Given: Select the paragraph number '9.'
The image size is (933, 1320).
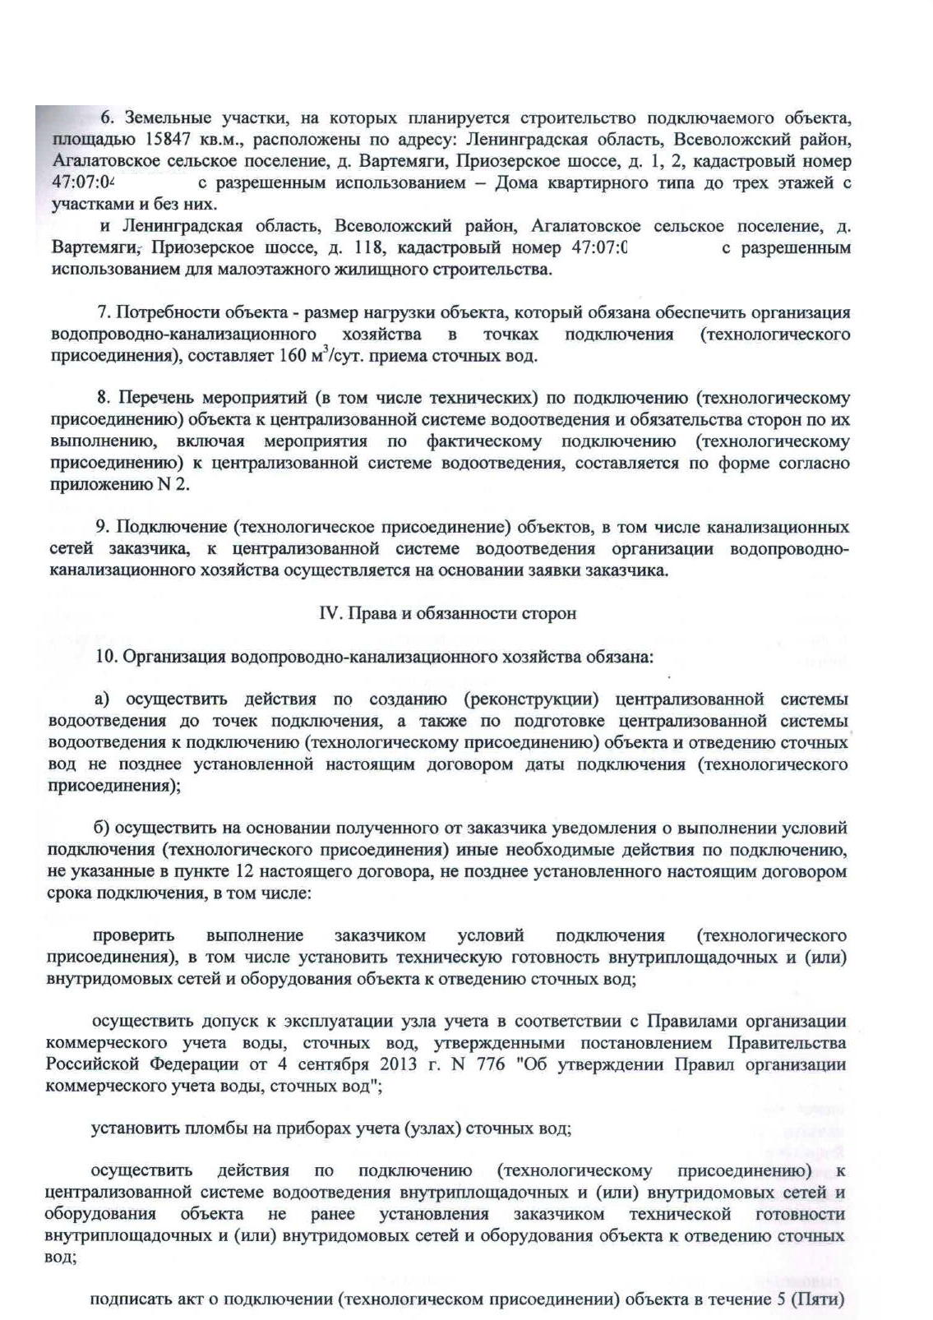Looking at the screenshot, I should pyautogui.click(x=103, y=527).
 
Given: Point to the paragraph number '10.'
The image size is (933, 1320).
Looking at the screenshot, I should pyautogui.click(x=107, y=658).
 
